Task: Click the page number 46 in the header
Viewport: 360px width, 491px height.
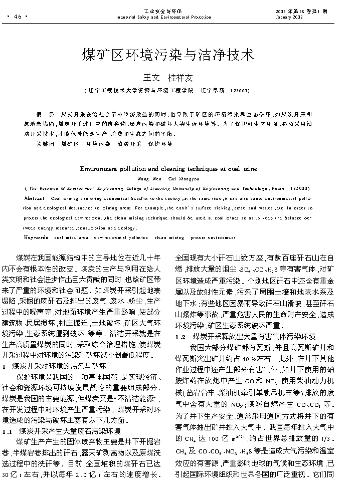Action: tap(18, 16)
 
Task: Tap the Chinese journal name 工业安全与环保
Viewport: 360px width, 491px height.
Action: tap(163, 11)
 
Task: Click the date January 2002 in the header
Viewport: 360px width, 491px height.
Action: tap(289, 17)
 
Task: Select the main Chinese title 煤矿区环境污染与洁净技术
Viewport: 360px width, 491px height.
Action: tap(168, 55)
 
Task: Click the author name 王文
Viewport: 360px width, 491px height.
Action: tap(151, 78)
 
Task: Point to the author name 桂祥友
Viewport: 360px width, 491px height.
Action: tap(180, 78)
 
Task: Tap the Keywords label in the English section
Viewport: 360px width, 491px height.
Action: tap(36, 237)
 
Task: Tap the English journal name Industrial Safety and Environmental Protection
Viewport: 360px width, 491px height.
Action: tap(163, 17)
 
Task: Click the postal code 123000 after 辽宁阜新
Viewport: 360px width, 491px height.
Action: tap(239, 91)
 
